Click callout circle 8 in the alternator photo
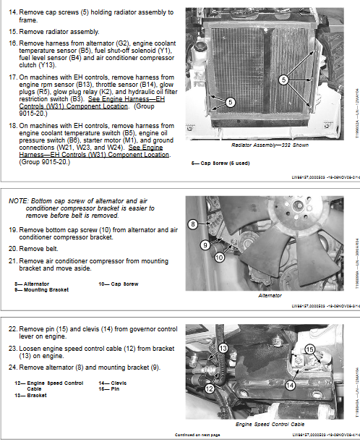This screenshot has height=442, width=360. point(193,225)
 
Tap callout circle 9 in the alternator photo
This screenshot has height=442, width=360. point(205,245)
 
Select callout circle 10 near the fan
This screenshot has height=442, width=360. point(220,257)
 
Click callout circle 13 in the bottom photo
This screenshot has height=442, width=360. point(223,348)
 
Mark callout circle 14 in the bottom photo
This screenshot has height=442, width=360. point(291,386)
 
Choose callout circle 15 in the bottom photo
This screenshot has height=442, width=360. point(309,351)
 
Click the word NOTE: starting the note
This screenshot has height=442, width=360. point(18,200)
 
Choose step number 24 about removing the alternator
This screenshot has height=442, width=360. point(13,367)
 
